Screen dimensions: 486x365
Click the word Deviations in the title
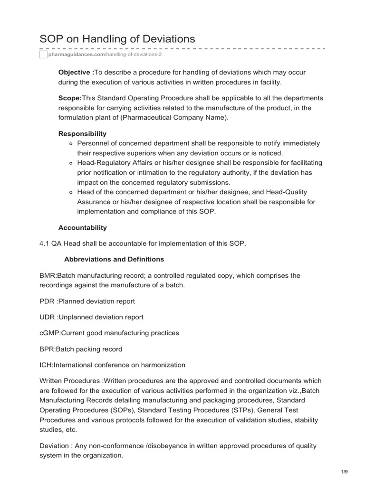(x=165, y=39)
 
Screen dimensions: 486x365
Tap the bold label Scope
(x=70, y=98)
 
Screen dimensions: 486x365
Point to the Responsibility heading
(x=82, y=133)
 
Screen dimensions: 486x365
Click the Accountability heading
(x=82, y=227)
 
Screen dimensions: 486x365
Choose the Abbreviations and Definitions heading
(x=114, y=259)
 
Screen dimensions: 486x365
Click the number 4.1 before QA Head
(x=45, y=243)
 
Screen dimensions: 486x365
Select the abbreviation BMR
(x=48, y=275)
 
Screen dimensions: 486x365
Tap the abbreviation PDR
(x=47, y=301)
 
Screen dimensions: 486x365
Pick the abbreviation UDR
(x=47, y=317)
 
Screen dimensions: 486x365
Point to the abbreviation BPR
(x=47, y=349)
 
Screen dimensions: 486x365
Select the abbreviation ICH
(x=46, y=365)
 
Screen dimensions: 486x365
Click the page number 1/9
(x=345, y=471)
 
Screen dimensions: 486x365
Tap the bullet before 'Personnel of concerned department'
(x=70, y=143)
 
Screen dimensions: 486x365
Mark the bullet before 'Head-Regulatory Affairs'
(x=70, y=163)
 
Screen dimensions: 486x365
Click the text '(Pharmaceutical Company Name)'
(x=180, y=117)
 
